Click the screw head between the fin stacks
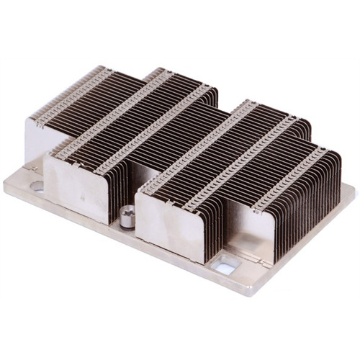127,215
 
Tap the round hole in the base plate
37,186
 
